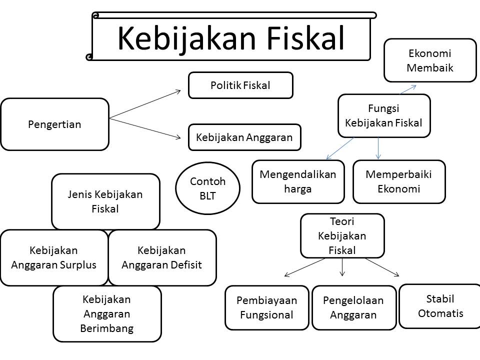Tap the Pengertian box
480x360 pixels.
[54, 124]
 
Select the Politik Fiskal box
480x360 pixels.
[240, 85]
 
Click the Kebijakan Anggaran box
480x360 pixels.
[244, 137]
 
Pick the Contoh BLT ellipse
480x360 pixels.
[207, 188]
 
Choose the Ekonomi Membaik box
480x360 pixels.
[430, 60]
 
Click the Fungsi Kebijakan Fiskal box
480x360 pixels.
[383, 115]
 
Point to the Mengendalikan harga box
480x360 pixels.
[298, 181]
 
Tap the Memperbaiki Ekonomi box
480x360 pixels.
[398, 181]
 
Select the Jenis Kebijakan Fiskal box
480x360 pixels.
[105, 201]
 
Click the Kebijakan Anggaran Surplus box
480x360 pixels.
[54, 257]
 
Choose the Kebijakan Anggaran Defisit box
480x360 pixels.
[162, 257]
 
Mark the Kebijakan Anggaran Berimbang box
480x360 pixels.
[107, 313]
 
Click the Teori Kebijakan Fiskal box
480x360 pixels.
[342, 235]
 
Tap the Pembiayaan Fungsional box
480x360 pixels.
[267, 307]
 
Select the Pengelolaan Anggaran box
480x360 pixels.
[353, 307]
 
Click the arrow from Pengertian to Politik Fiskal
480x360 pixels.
[145, 104]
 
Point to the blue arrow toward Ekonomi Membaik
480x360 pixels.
[408, 89]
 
